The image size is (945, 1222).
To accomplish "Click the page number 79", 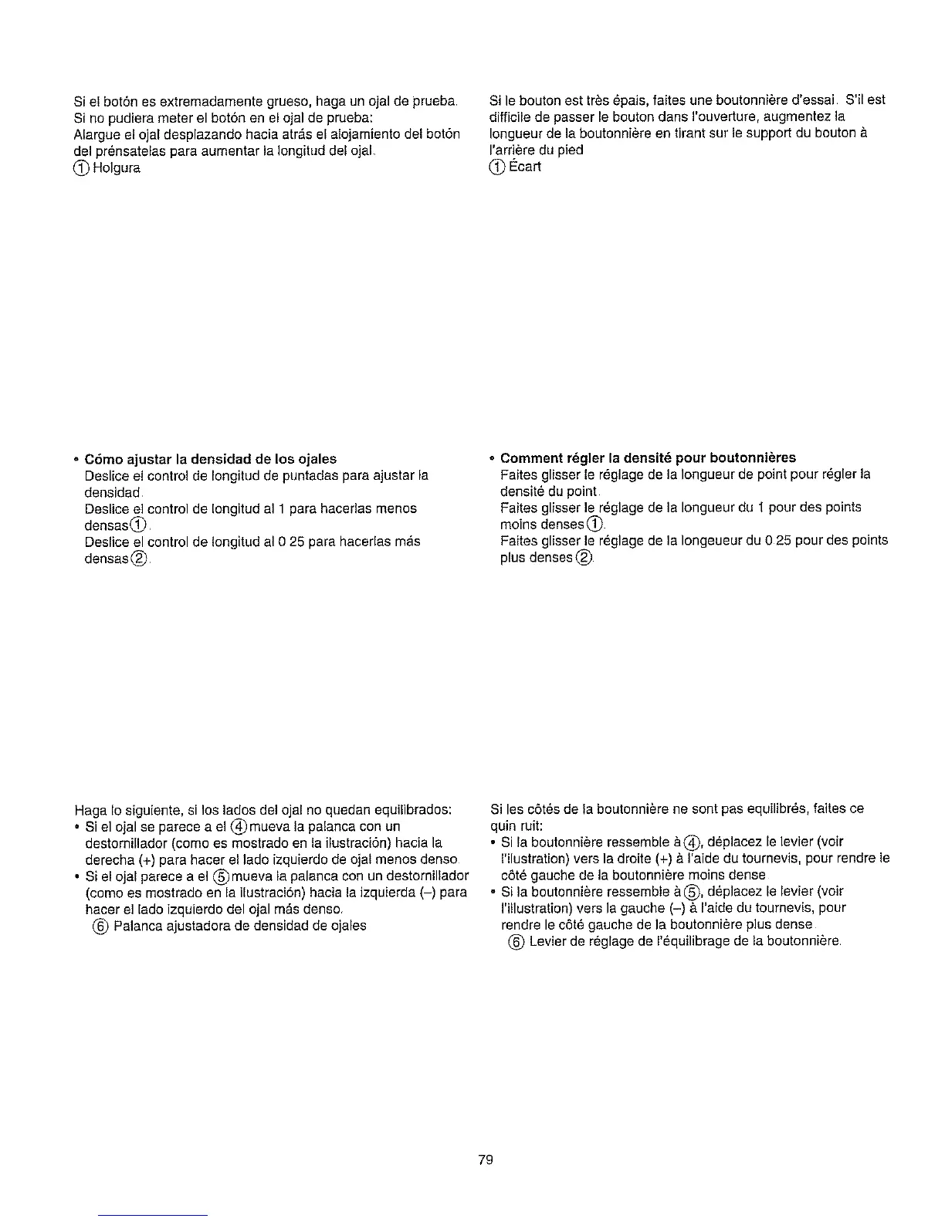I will tap(485, 1160).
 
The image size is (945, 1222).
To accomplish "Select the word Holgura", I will tap(117, 167).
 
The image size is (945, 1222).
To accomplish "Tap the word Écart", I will tap(525, 166).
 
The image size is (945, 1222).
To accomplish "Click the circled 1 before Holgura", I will tap(82, 167).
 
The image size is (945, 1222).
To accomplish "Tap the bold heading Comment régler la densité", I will tap(648, 457).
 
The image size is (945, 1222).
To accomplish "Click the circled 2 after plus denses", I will tap(586, 557).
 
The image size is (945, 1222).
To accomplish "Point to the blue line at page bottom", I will tap(154, 1215).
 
